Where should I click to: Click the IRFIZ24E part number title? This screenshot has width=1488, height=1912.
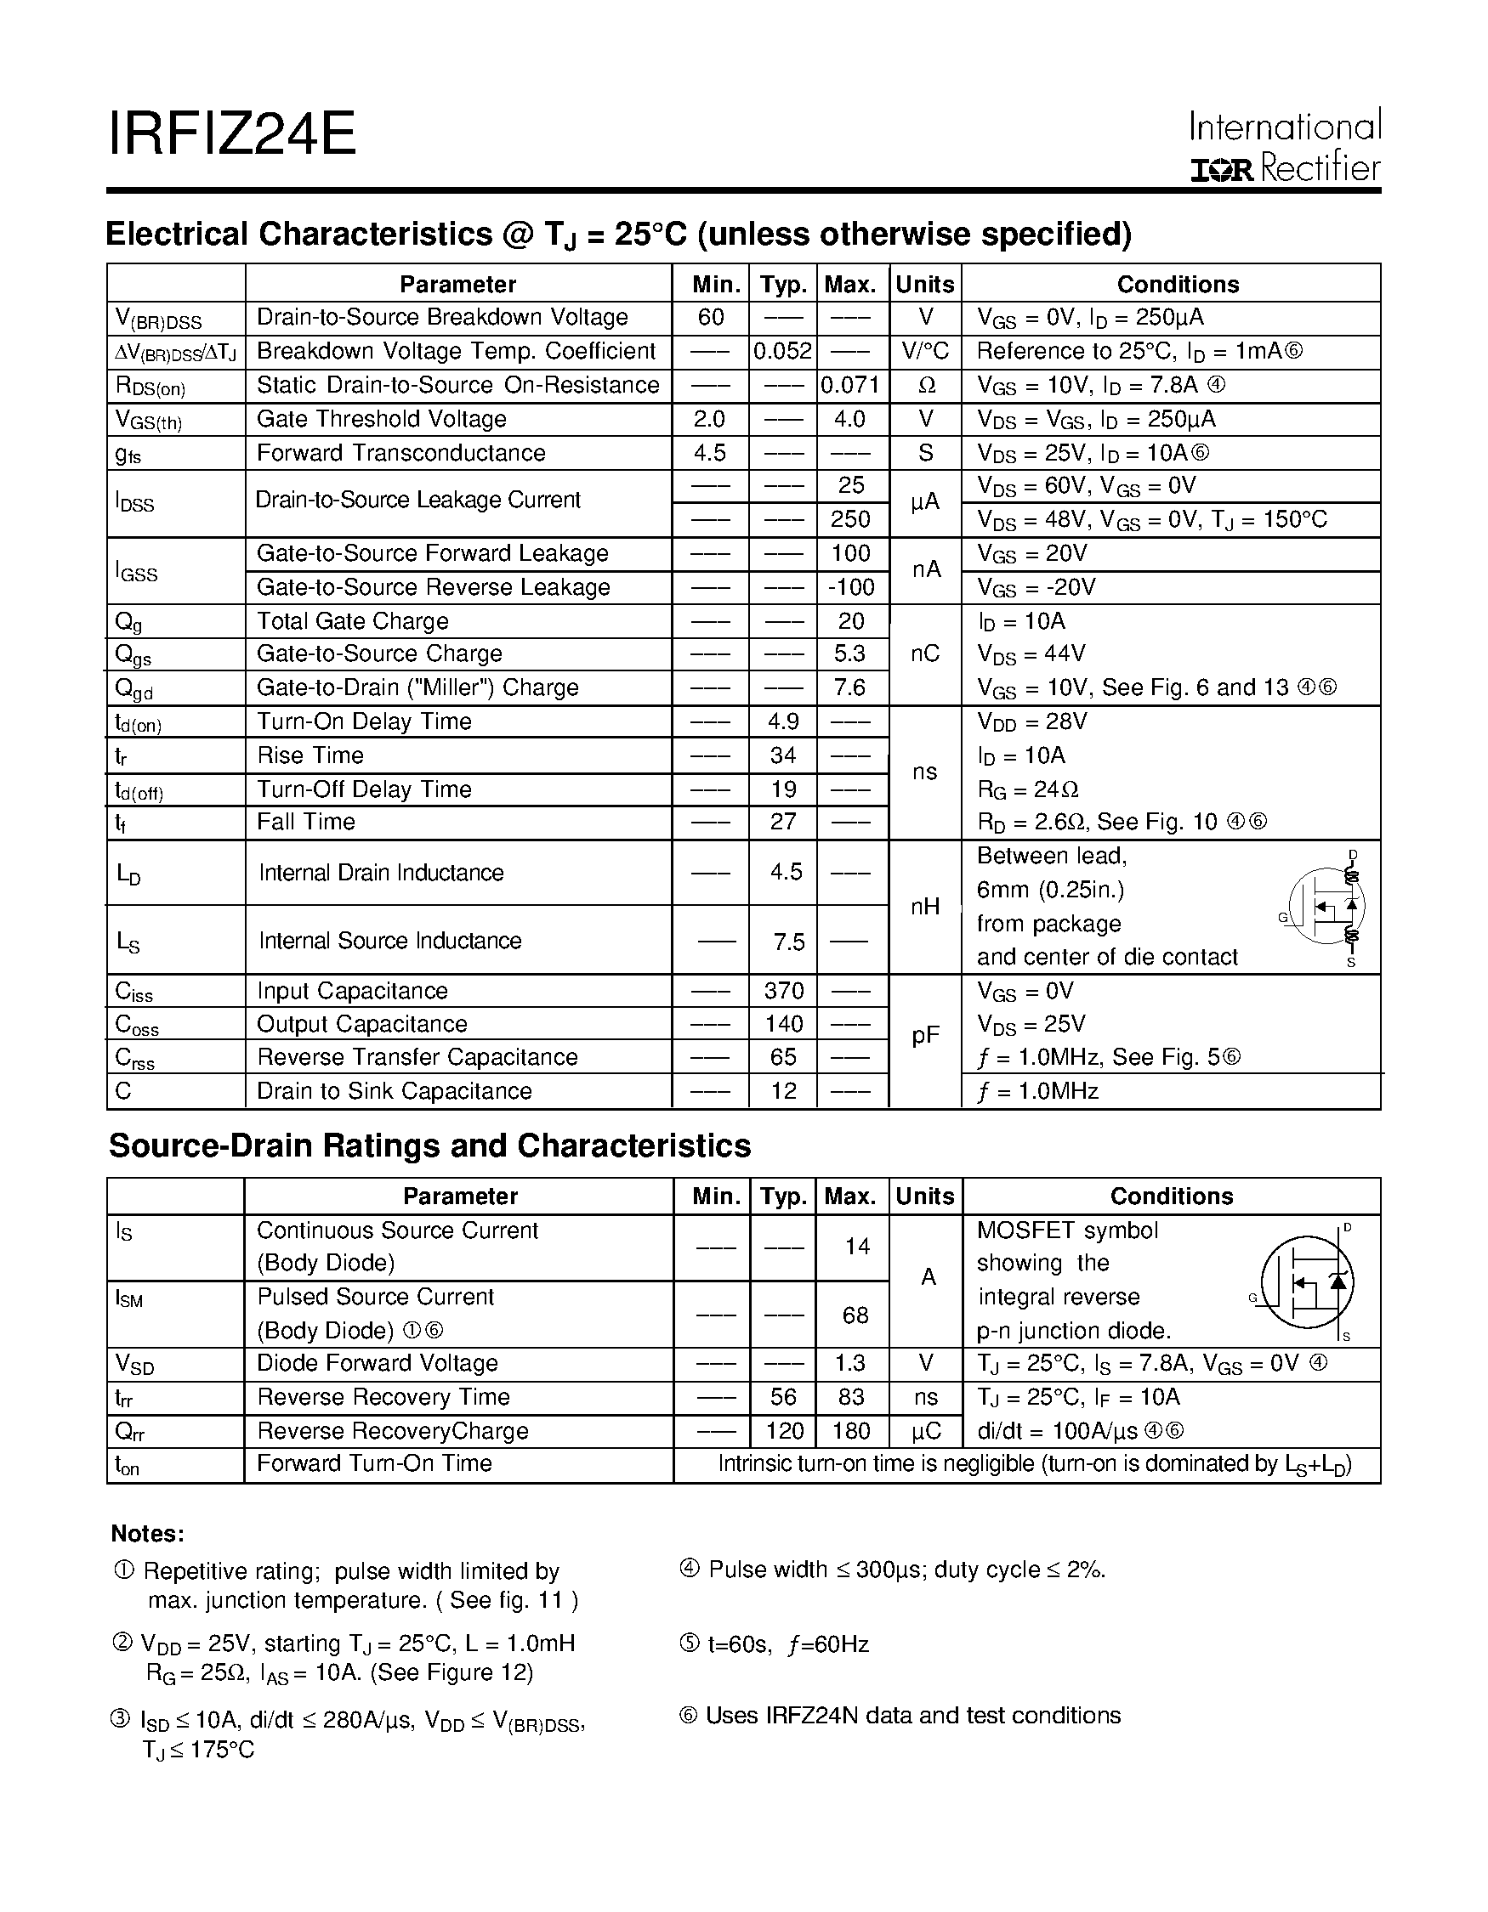click(x=231, y=134)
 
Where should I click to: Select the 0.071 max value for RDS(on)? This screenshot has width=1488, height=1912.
click(x=849, y=385)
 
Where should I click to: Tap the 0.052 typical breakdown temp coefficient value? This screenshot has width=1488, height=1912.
click(x=782, y=351)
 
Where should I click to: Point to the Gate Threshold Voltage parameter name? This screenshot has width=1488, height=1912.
click(x=381, y=419)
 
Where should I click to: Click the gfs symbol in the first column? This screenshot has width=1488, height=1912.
click(x=128, y=455)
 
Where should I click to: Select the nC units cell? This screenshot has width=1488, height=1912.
click(x=925, y=654)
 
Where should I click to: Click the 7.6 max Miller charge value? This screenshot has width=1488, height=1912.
click(x=849, y=688)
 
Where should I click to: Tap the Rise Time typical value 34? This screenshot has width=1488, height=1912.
click(x=782, y=755)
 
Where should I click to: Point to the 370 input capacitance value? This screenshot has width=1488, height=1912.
click(x=783, y=991)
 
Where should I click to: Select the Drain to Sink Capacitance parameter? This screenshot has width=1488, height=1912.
click(x=395, y=1092)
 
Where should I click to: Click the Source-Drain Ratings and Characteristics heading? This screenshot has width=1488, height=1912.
click(x=429, y=1146)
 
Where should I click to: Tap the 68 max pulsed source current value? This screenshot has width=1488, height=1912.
click(x=855, y=1315)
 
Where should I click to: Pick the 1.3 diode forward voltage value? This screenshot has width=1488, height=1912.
click(x=849, y=1364)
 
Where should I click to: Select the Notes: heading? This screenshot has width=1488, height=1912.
click(x=147, y=1534)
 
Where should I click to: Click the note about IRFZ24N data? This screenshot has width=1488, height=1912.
click(x=900, y=1716)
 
